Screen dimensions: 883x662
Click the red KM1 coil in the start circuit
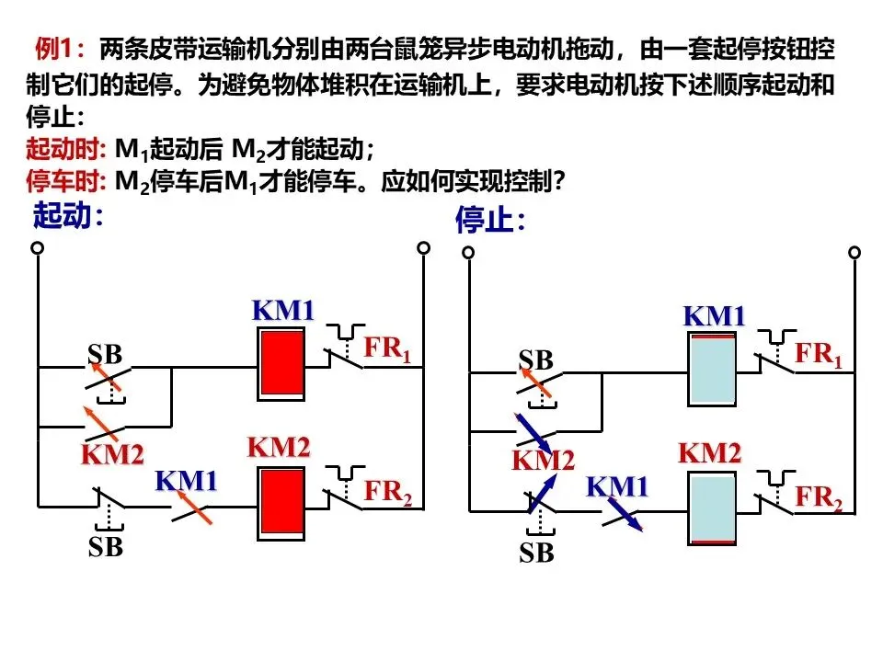281,364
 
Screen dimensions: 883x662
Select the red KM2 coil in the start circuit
281,503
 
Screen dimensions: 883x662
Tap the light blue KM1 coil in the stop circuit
712,370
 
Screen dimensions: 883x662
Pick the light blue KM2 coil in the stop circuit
712,508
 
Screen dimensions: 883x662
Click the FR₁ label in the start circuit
387,349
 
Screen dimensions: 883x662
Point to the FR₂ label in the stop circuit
819,497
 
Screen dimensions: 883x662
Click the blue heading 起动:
68,215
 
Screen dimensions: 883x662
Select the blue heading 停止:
490,220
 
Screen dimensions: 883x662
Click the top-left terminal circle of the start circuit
37,247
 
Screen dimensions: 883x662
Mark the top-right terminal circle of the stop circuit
854,252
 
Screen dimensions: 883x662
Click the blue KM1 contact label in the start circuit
187,481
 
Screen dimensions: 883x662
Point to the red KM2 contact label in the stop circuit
543,461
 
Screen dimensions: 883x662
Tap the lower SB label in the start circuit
105,546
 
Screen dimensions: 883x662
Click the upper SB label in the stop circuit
535,360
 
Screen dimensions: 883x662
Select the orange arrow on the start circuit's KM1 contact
194,508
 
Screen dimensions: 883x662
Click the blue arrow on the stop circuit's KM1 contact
625,514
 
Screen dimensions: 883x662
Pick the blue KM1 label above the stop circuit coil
714,316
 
